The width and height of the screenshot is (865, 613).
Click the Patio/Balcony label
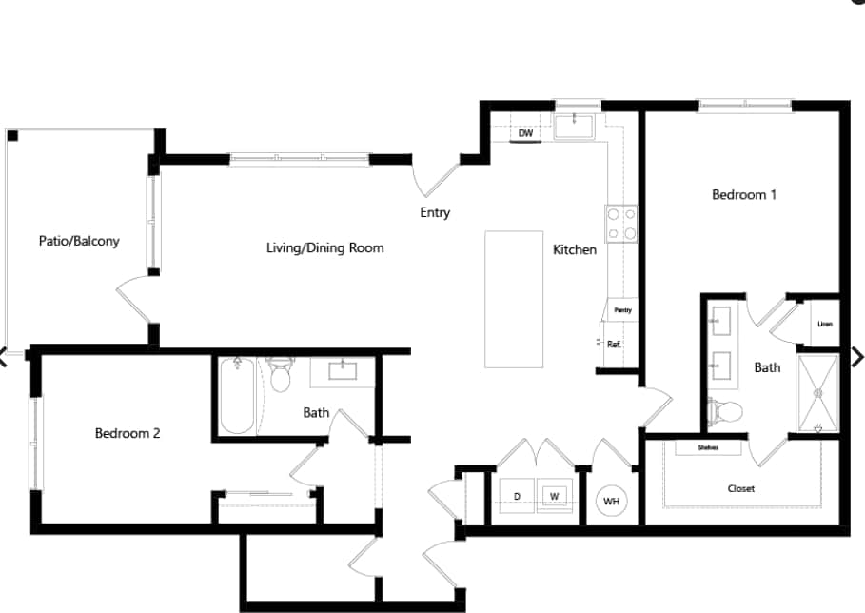(79, 241)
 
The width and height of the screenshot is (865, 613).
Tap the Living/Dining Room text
(324, 247)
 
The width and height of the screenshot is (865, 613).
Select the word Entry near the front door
(435, 213)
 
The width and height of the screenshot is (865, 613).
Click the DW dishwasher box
(525, 133)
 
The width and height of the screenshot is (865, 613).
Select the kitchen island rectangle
(514, 298)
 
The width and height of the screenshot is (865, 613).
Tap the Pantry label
(622, 310)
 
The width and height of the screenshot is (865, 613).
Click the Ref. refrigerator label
(615, 345)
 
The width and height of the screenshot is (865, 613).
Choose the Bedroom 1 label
(744, 195)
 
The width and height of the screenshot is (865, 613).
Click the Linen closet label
(824, 324)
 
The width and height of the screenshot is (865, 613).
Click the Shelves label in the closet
(707, 447)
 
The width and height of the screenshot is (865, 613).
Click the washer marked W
(553, 496)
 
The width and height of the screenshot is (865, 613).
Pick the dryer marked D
(517, 496)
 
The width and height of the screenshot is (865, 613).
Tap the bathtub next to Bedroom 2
(237, 395)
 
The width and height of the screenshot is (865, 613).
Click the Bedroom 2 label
(128, 433)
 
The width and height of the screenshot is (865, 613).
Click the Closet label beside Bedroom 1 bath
(740, 488)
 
